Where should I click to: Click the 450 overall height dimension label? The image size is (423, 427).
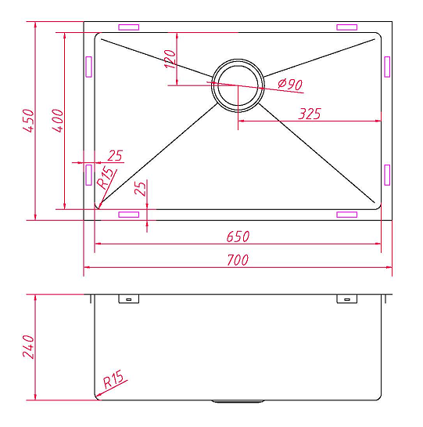[29, 121]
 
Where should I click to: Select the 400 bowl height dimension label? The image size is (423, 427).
[58, 121]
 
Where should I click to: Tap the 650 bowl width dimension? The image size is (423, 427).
[238, 237]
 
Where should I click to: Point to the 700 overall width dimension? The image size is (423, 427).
[238, 260]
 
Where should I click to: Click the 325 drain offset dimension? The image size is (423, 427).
[310, 114]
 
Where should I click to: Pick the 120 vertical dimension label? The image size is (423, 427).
[170, 59]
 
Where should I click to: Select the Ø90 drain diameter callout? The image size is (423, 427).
[290, 84]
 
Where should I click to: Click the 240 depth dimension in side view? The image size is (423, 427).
[29, 346]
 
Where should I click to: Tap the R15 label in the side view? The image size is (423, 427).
[113, 378]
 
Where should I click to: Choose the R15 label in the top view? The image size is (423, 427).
[105, 178]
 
